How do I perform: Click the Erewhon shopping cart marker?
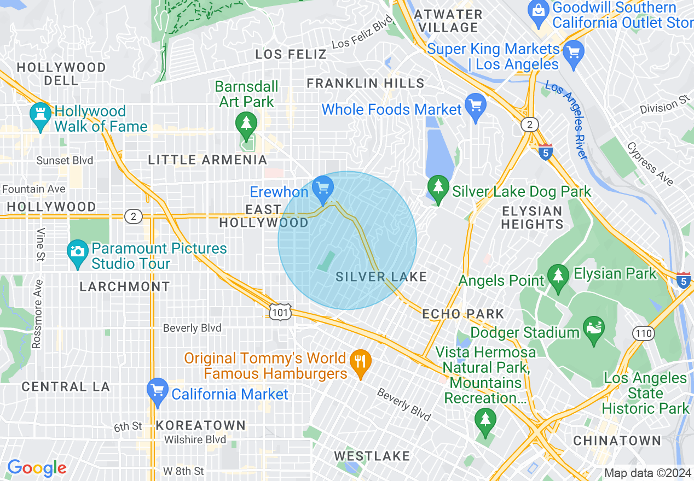323,189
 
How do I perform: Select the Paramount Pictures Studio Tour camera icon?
78,253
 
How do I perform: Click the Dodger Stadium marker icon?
594,329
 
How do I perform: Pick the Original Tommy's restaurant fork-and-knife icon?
360,362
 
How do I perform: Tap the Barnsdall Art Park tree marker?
246,124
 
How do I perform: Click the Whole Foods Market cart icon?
475,106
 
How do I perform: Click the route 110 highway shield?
643,333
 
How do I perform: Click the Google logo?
37,468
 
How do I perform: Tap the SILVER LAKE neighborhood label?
381,277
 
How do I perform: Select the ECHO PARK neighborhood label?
463,314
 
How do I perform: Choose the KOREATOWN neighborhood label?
201,425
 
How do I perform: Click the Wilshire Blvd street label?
195,440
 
